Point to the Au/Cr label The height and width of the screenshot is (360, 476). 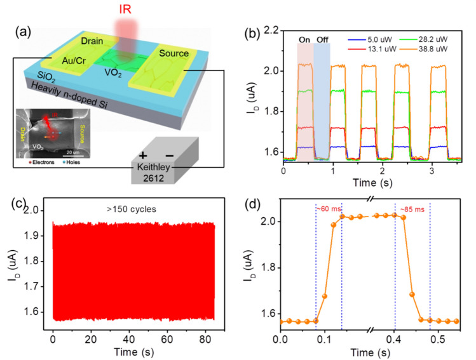pos(78,64)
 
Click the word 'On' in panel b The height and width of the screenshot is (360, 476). pos(305,39)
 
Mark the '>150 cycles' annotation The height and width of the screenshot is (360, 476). pos(134,209)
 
